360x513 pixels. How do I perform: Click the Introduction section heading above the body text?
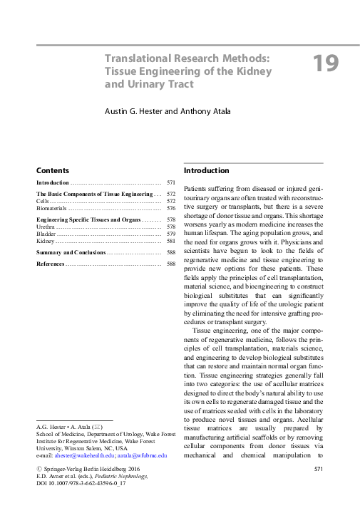[x=206, y=171]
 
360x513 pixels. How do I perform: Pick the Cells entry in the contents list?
[x=43, y=202]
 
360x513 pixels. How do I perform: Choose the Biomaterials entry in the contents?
[x=51, y=209]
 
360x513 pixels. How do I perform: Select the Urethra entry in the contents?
[x=45, y=227]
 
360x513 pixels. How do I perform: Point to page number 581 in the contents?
[x=170, y=242]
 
